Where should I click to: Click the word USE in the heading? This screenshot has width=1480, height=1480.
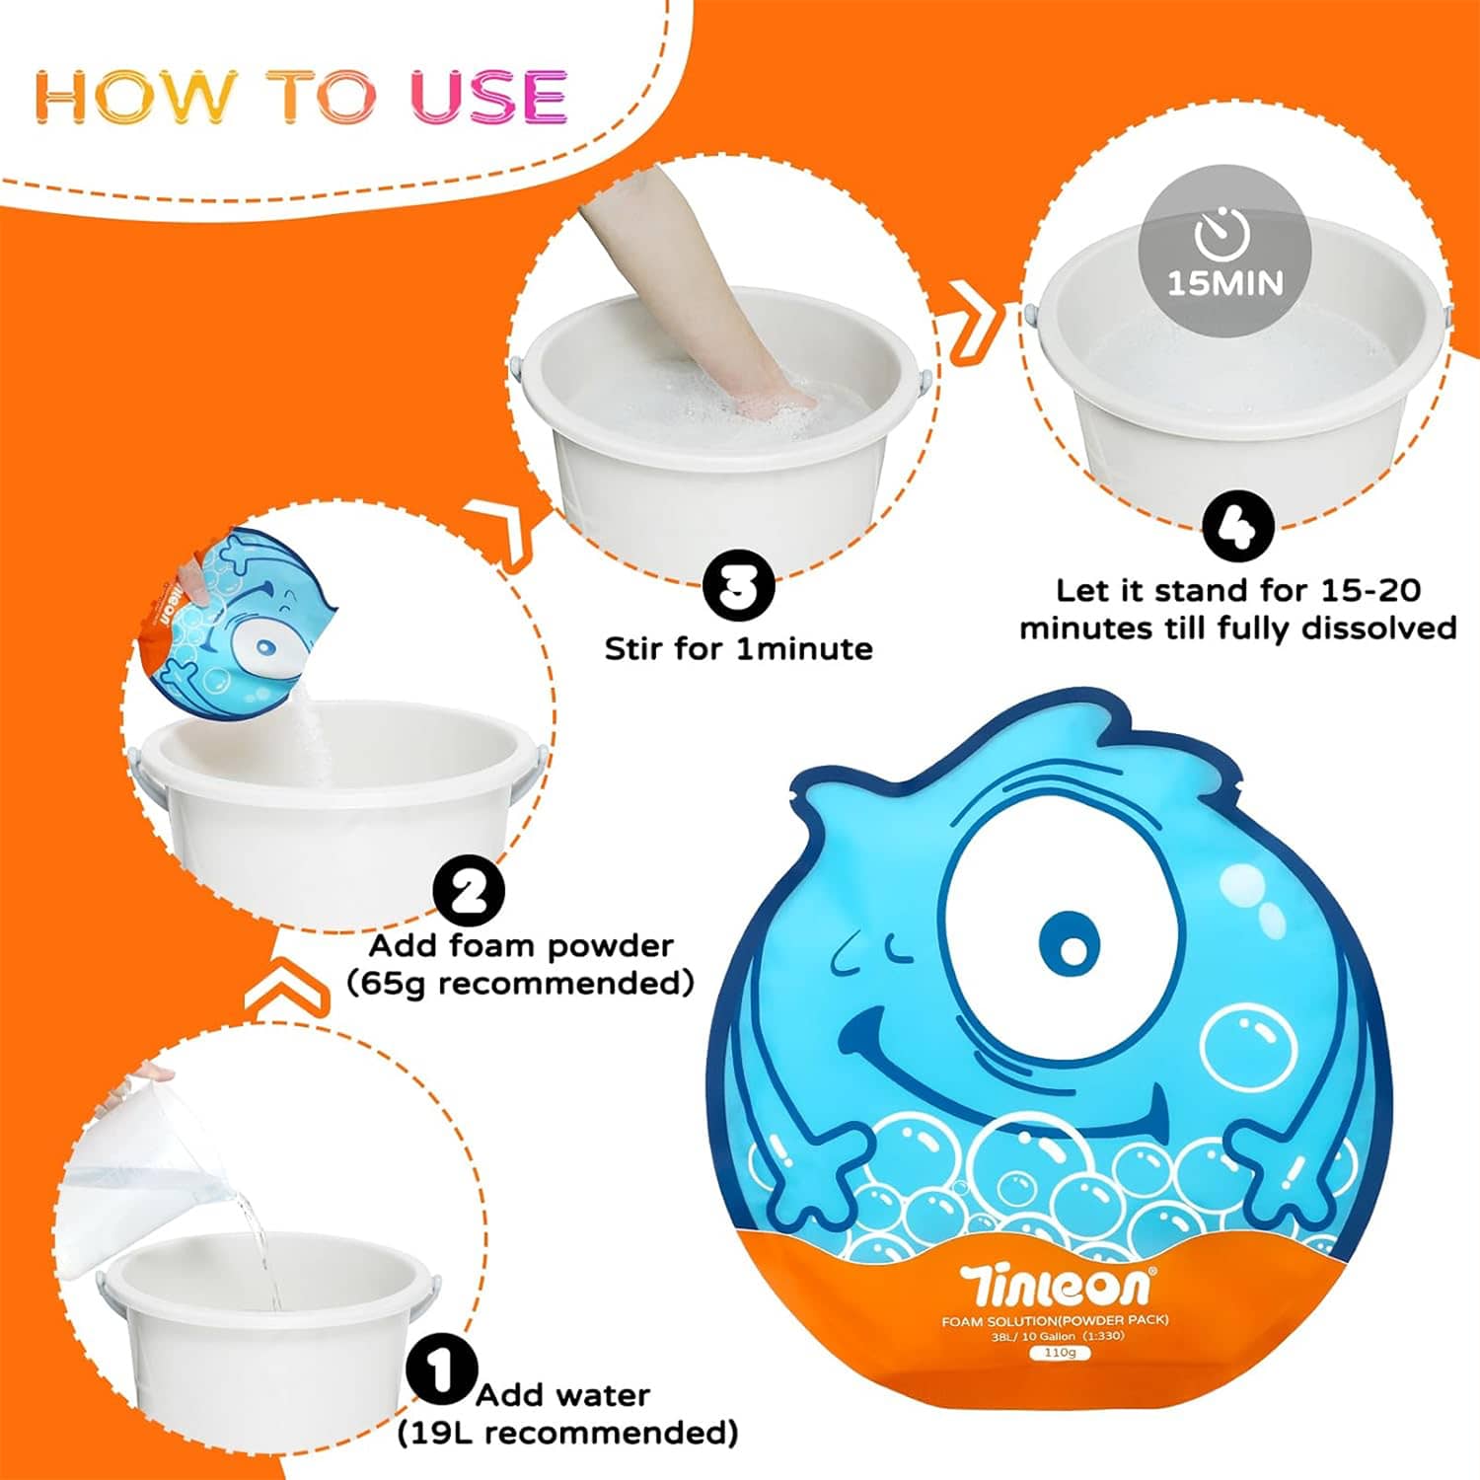click(x=488, y=97)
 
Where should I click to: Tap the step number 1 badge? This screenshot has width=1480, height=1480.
click(x=441, y=1368)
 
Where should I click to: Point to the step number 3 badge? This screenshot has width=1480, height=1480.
click(x=739, y=585)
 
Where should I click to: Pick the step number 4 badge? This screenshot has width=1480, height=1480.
click(x=1238, y=526)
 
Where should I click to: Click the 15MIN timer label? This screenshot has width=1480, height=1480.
click(x=1225, y=284)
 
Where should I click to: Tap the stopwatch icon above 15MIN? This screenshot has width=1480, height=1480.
click(x=1223, y=234)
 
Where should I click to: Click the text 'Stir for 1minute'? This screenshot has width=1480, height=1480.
click(x=738, y=648)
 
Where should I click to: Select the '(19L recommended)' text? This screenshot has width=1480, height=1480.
click(x=567, y=1433)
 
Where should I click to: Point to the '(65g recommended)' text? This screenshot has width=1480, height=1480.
click(x=521, y=983)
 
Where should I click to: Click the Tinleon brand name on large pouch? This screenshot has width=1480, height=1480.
click(x=1055, y=1285)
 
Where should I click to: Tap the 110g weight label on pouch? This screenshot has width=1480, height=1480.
click(x=1060, y=1352)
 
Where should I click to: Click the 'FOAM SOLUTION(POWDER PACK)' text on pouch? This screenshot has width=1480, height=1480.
click(x=1055, y=1320)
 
